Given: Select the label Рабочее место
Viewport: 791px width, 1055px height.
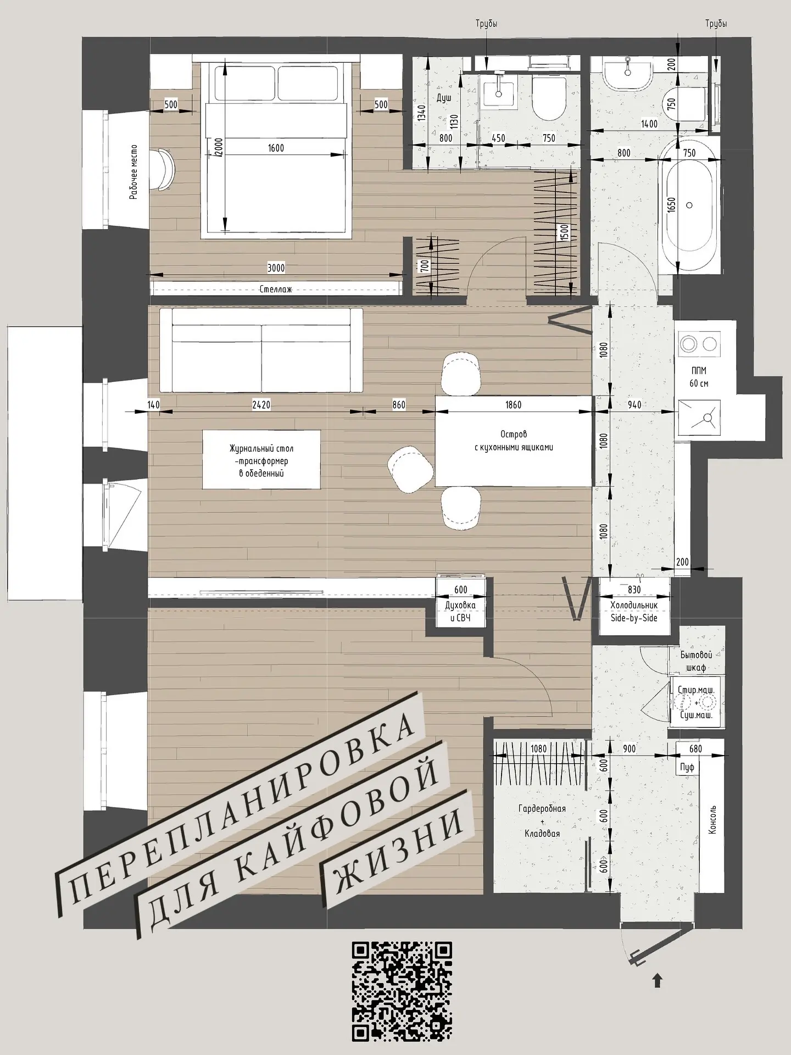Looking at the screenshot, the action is (x=133, y=172).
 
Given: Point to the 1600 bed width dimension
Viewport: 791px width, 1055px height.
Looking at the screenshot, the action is (x=276, y=148).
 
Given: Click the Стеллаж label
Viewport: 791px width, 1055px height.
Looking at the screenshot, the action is (x=276, y=289).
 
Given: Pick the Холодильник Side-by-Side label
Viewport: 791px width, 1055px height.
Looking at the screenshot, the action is (x=633, y=611).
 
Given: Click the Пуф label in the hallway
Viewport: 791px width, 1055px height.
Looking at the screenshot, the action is (x=687, y=767).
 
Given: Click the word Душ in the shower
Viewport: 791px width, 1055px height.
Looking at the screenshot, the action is (x=444, y=98).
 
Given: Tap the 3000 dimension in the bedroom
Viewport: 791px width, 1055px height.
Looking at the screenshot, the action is (x=276, y=268).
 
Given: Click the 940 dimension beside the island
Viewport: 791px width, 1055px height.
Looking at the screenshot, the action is (x=634, y=405).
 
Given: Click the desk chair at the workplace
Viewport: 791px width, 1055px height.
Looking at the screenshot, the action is (x=165, y=169).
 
